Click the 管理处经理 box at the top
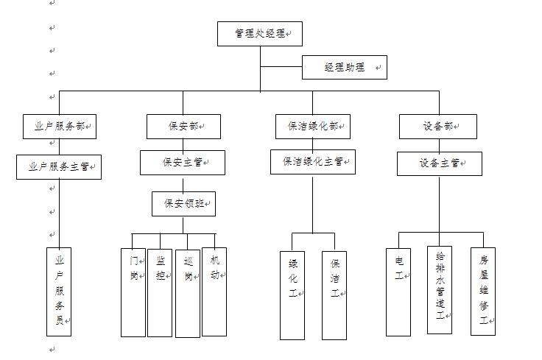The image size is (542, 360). click(259, 34)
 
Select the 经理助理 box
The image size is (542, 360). click(344, 67)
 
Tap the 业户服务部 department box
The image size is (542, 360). click(59, 126)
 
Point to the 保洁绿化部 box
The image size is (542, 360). click(313, 126)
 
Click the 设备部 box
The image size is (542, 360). click(438, 126)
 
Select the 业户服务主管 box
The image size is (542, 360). click(59, 166)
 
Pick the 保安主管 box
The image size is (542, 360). click(183, 163)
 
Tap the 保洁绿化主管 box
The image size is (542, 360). click(313, 162)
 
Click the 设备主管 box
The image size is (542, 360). click(440, 163)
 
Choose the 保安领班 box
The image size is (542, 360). click(184, 204)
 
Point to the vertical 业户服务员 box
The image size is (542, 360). click(59, 292)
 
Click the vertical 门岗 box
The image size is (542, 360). click(133, 292)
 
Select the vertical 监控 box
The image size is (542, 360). click(160, 292)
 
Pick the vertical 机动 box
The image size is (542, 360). click(214, 292)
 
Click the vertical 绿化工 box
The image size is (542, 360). click(292, 295)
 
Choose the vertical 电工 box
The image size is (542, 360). click(398, 292)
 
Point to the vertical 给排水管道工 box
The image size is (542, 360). click(440, 290)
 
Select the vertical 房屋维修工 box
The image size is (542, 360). click(483, 292)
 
